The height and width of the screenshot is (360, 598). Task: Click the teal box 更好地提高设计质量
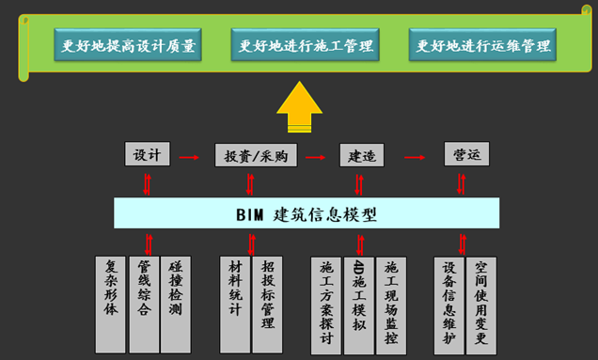128,44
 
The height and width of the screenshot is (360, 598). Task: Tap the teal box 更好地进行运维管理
482,44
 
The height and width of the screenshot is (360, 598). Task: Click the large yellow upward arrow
300,106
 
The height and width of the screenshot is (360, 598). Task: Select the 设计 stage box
148,154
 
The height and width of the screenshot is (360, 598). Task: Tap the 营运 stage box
466,154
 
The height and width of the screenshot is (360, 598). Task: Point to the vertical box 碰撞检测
175,292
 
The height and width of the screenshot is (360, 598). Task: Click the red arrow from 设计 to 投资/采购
189,156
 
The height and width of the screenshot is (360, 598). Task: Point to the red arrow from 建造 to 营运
412,156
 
